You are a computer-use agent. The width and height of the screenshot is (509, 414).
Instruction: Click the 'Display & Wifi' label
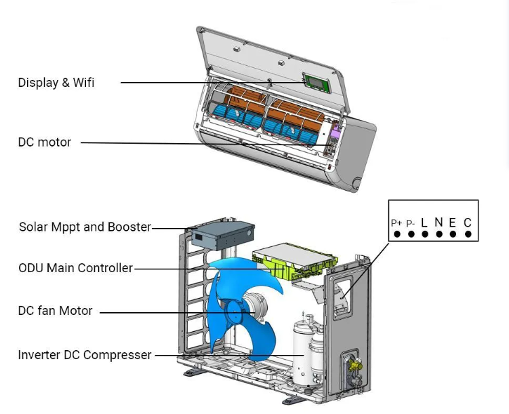coord(56,83)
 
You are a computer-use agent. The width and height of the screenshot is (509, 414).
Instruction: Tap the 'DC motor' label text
coord(45,142)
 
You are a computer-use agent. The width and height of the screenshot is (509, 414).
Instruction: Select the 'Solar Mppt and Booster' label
coord(85,227)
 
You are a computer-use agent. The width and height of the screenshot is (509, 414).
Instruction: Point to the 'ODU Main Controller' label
coord(76,268)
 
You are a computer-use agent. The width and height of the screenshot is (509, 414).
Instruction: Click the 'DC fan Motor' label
coord(55,311)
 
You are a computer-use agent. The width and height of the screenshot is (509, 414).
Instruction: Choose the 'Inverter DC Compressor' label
coord(85,355)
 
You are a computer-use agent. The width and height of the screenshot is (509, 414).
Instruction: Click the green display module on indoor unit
coord(315,83)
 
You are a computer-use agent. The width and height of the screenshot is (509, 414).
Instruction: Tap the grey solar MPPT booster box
coord(222,233)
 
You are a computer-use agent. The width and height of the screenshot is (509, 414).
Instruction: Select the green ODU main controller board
coord(296,262)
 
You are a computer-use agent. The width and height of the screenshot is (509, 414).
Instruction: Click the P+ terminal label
coord(396,223)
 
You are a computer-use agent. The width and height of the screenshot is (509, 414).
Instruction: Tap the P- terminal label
coord(410,223)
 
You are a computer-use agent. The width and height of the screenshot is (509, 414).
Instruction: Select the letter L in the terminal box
coord(424,222)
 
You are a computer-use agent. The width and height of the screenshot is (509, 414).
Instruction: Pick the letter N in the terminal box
coord(439,222)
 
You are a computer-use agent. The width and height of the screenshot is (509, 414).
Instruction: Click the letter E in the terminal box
coord(452,222)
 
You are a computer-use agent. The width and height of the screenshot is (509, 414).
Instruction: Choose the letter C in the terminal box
coord(468,222)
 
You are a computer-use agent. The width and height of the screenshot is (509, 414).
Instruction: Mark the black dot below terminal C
coord(468,234)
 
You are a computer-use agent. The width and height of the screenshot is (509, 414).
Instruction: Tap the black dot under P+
coord(396,234)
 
